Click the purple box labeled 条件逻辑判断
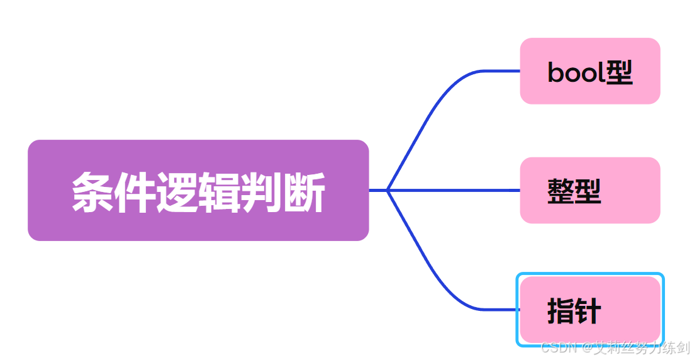click(x=198, y=190)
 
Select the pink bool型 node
click(x=589, y=71)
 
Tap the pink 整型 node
click(x=589, y=190)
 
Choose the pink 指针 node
click(x=589, y=310)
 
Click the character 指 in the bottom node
click(x=561, y=311)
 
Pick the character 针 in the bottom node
click(x=588, y=311)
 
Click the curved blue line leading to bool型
click(x=434, y=113)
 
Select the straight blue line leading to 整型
click(x=453, y=190)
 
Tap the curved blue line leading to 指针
click(x=434, y=267)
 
